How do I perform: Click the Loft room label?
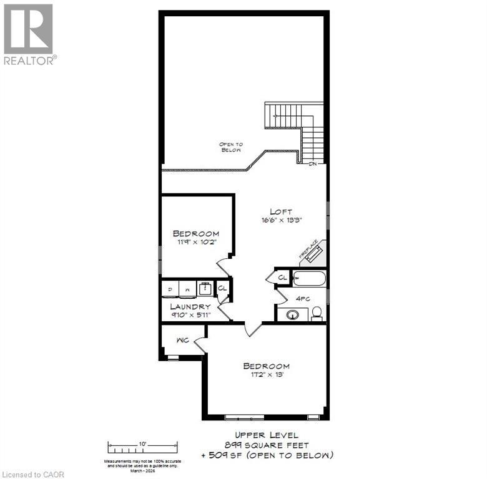click(x=281, y=211)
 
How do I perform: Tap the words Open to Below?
click(x=230, y=147)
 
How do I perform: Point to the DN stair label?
click(x=313, y=164)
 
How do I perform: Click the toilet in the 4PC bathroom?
click(x=317, y=312)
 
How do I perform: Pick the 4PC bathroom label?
click(x=303, y=298)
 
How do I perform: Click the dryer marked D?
click(x=169, y=289)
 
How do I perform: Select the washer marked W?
click(x=187, y=289)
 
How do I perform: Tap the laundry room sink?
click(x=204, y=289)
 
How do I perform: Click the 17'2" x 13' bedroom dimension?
click(x=267, y=375)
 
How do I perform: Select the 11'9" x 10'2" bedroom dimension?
click(x=195, y=243)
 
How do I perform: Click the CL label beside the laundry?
click(x=222, y=288)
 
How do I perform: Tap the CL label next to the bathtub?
click(x=282, y=277)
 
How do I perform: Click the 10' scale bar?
click(x=143, y=447)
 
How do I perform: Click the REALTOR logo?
click(x=29, y=34)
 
